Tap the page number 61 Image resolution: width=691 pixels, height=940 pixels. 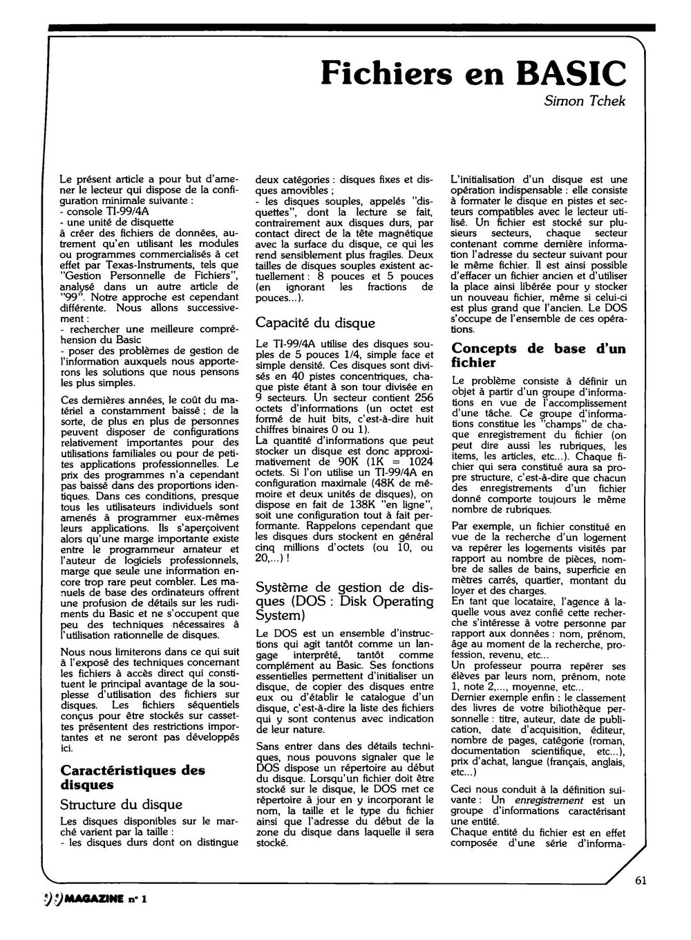pyautogui.click(x=640, y=881)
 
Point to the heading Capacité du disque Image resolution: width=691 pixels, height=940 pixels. pyautogui.click(x=315, y=322)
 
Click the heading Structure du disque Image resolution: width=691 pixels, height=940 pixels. pyautogui.click(x=121, y=804)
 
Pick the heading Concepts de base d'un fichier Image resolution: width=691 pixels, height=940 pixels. pyautogui.click(x=538, y=355)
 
